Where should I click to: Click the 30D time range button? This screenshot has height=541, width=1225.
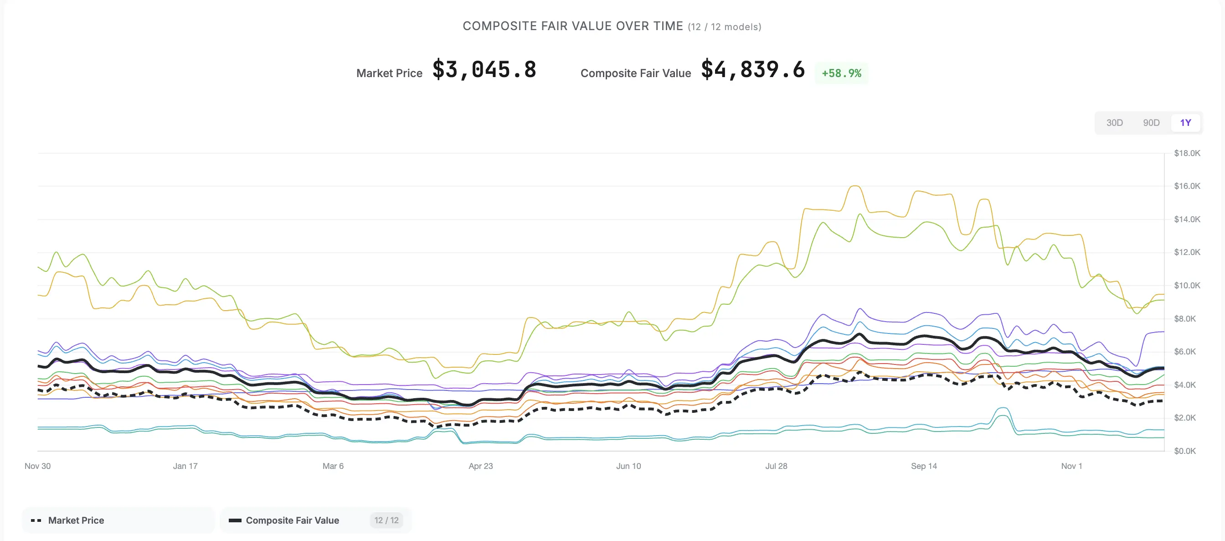pos(1114,123)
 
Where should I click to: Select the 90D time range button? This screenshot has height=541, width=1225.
pos(1151,123)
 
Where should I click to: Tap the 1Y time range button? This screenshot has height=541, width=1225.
pos(1185,123)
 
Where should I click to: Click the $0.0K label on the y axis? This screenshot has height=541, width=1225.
pos(1184,451)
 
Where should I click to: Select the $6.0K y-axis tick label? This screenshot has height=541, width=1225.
pos(1184,352)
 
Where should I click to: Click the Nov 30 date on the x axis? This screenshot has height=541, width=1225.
pos(37,466)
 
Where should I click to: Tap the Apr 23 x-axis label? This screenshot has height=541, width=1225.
pos(480,466)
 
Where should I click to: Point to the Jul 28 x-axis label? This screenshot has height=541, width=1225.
pos(776,466)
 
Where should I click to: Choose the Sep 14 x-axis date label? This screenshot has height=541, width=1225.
pos(923,466)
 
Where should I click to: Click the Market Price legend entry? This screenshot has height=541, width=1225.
pos(76,520)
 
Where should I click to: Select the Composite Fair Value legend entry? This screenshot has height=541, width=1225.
pos(292,520)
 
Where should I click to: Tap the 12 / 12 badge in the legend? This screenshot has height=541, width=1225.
pos(386,520)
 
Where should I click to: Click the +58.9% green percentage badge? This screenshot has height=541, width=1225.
pos(841,73)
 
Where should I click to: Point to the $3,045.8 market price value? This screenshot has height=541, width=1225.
pos(484,70)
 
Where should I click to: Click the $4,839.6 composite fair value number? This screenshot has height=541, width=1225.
pos(753,70)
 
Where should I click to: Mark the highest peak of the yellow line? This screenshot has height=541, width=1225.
pos(855,186)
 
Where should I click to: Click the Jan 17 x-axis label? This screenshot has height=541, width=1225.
pos(185,466)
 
